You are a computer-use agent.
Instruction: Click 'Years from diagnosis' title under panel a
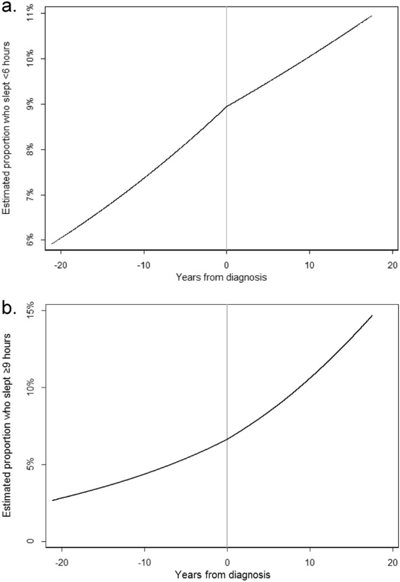tap(222, 277)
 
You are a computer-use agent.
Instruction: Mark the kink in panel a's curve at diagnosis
tap(227, 106)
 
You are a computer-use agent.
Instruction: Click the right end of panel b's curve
tap(372, 316)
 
